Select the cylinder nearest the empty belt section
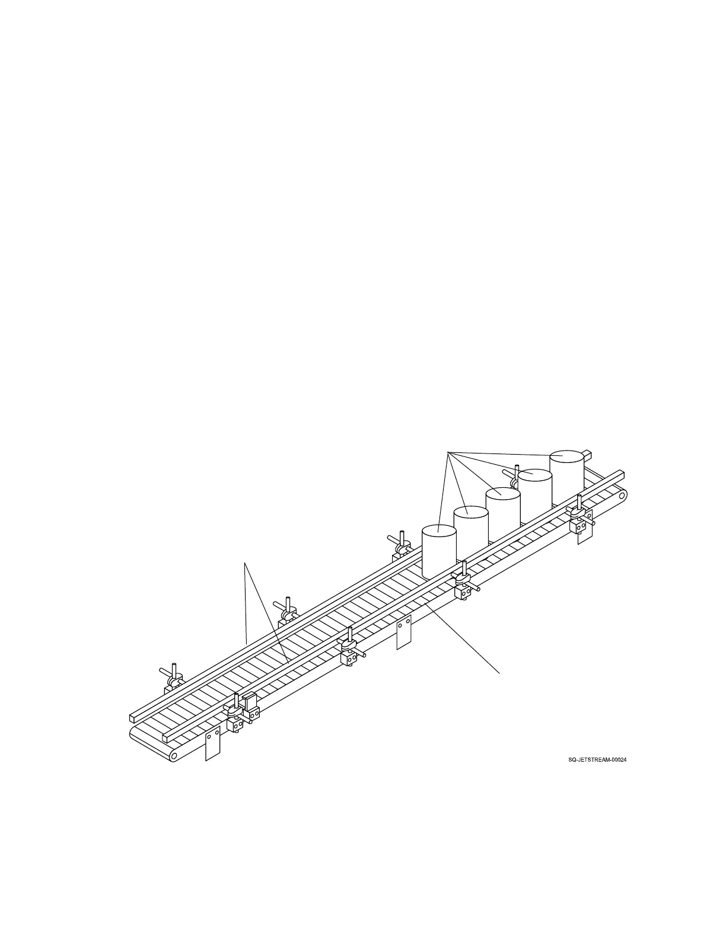click(439, 551)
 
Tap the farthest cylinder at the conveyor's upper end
click(567, 474)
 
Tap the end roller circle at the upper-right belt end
click(621, 495)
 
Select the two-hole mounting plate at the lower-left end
click(212, 743)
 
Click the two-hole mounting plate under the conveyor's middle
click(403, 633)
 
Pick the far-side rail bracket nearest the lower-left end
click(173, 680)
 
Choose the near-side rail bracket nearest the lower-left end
click(237, 714)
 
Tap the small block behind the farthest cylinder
click(588, 455)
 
